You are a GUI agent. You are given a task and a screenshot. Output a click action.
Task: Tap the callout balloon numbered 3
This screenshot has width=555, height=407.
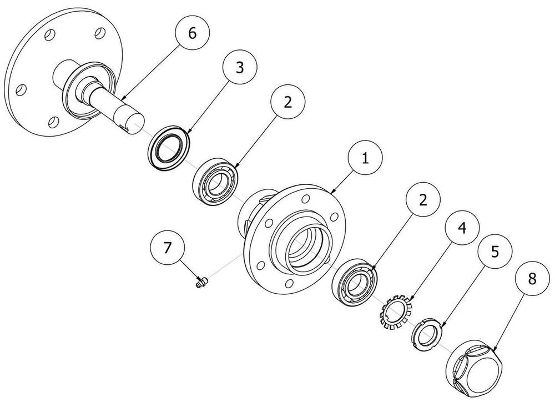(240, 67)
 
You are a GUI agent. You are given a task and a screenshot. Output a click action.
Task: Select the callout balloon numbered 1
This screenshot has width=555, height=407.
(365, 157)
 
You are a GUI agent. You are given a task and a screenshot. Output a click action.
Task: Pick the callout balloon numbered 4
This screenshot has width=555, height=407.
(462, 228)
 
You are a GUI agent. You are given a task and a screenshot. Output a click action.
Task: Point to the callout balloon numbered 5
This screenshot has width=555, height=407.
(495, 251)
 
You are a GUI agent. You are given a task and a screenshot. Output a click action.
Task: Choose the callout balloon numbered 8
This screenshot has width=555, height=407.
(532, 279)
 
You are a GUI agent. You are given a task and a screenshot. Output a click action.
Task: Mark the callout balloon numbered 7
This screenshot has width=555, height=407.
(168, 247)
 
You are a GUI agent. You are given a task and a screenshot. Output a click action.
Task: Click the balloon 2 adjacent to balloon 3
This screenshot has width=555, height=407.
(287, 102)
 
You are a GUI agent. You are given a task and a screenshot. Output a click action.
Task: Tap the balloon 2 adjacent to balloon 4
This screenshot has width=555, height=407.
(423, 200)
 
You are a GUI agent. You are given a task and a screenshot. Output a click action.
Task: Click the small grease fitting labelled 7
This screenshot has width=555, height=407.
(201, 282)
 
